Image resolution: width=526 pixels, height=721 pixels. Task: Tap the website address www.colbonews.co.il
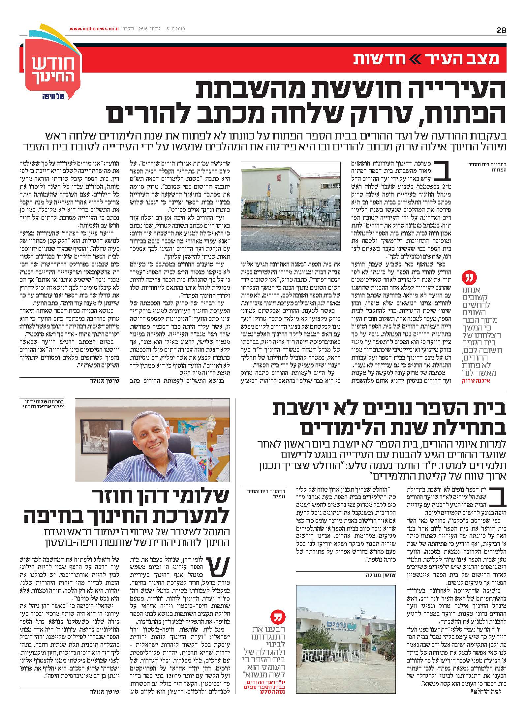(x=94, y=29)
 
